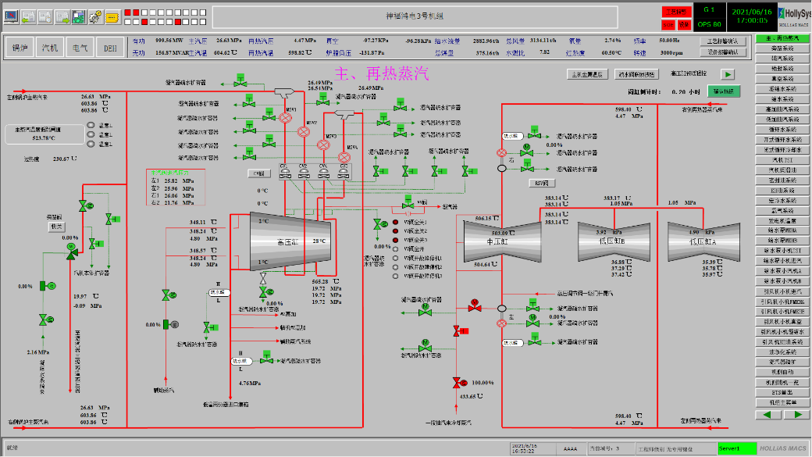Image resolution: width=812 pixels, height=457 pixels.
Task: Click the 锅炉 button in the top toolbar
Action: coord(20,48)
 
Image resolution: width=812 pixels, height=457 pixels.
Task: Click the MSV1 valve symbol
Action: coord(286,118)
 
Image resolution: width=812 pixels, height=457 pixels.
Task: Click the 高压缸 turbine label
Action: coord(288,242)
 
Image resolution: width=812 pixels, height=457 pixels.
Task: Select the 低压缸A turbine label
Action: coord(702,242)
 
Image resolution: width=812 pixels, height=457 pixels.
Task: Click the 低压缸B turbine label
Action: coord(612,242)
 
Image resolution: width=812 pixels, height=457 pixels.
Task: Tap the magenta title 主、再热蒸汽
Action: coord(382,74)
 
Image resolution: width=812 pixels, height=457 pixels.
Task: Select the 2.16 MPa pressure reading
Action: coord(37,353)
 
